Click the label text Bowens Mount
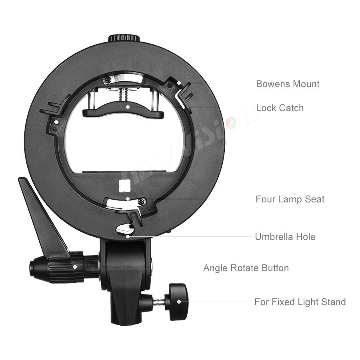click(288, 84)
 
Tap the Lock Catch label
click(280, 108)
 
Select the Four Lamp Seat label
click(290, 199)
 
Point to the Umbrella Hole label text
click(285, 237)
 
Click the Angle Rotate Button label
click(246, 268)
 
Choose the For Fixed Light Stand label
click(300, 302)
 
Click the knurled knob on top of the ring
click(124, 38)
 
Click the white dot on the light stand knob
click(178, 302)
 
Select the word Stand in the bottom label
click(332, 302)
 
